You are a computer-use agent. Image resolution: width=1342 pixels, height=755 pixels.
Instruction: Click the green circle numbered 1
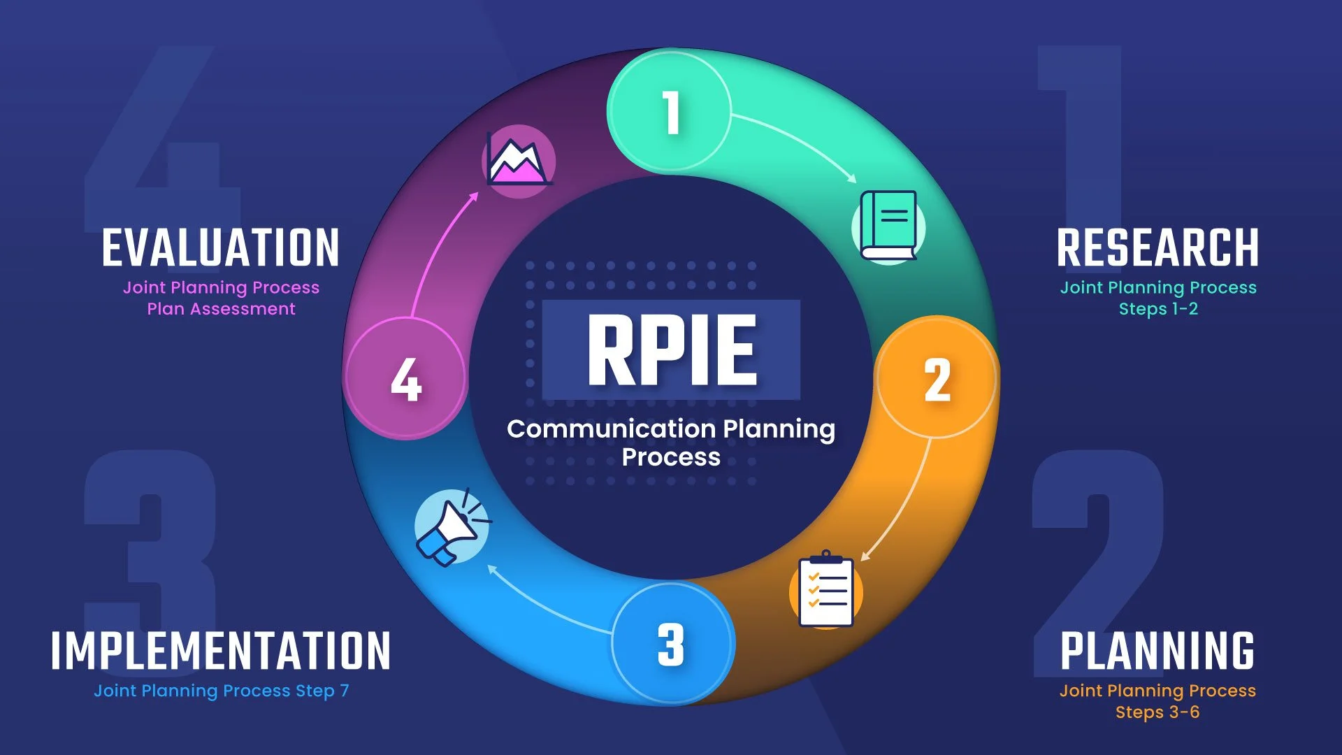[x=670, y=112]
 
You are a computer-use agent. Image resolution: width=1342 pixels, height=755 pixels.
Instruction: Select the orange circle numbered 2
[x=937, y=380]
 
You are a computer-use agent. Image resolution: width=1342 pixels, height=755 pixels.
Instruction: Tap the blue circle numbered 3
[x=671, y=644]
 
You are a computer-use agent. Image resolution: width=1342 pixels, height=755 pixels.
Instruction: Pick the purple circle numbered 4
[x=405, y=380]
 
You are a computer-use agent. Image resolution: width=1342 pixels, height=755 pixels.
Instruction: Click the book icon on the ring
[x=888, y=226]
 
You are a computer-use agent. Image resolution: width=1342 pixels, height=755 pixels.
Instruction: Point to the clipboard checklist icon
[x=826, y=591]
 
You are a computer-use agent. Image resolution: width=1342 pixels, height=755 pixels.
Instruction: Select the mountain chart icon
[x=518, y=161]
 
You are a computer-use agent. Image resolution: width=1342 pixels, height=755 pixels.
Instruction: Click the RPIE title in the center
[x=671, y=350]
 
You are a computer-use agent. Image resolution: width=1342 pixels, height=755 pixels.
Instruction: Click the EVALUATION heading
[x=221, y=248]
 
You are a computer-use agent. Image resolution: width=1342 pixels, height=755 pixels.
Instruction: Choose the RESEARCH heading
[x=1157, y=248]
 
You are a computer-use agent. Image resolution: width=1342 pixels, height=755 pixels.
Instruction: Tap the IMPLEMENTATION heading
[x=221, y=651]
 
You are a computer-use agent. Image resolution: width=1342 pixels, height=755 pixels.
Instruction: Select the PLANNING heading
[x=1157, y=651]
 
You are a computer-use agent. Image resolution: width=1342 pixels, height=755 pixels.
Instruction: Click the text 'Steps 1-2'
[x=1158, y=309]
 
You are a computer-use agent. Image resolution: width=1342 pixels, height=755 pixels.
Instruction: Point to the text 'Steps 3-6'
[x=1157, y=712]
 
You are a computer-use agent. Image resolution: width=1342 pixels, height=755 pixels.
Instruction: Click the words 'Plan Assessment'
[x=221, y=309]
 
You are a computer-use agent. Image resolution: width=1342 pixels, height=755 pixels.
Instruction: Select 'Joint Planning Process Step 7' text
[x=221, y=691]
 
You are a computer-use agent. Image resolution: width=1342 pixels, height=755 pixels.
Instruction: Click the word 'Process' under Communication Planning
[x=671, y=457]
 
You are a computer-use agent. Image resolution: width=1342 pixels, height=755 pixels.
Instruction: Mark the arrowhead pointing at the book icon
[x=853, y=179]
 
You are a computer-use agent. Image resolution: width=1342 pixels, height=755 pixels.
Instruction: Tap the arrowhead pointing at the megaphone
[x=492, y=568]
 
